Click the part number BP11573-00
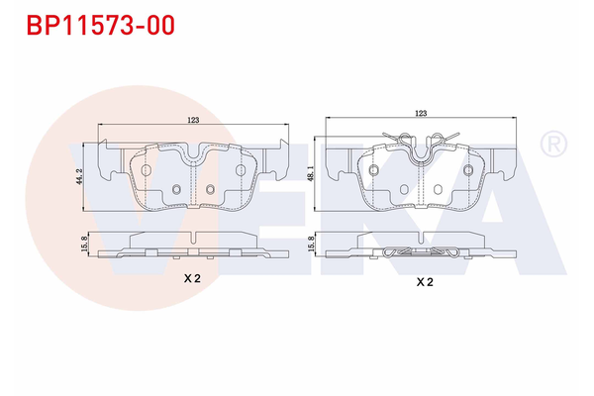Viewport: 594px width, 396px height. coord(94,25)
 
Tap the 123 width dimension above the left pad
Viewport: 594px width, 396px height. coord(193,120)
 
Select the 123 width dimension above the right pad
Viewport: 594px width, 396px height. coord(422,115)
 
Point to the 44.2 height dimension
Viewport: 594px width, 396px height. coord(86,177)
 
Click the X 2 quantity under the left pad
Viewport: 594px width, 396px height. coord(193,280)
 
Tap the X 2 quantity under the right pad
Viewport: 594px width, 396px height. coord(424,282)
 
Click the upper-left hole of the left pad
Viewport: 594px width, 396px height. coord(147,169)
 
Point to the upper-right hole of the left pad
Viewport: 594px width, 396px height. coord(240,169)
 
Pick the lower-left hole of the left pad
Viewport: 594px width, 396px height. coord(176,190)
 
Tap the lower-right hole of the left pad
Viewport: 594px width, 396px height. coord(210,190)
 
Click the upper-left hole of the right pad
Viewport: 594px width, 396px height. coord(374,169)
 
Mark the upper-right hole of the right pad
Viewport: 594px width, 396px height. coord(469,169)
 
